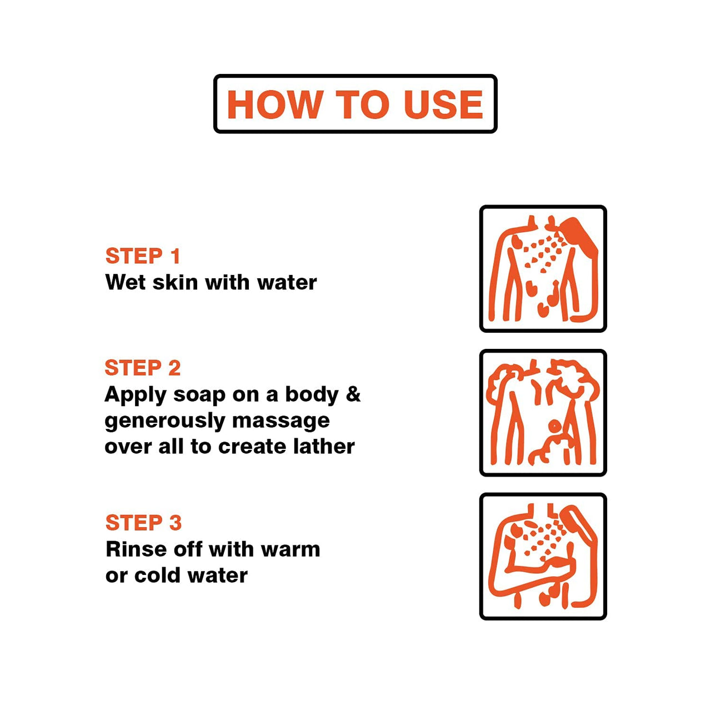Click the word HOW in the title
point(273,104)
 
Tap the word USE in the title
point(443,104)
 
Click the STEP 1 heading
point(143,256)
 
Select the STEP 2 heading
point(143,368)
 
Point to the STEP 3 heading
point(143,523)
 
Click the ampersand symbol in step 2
point(353,394)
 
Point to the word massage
point(281,422)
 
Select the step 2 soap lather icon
point(543,413)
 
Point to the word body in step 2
point(312,395)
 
